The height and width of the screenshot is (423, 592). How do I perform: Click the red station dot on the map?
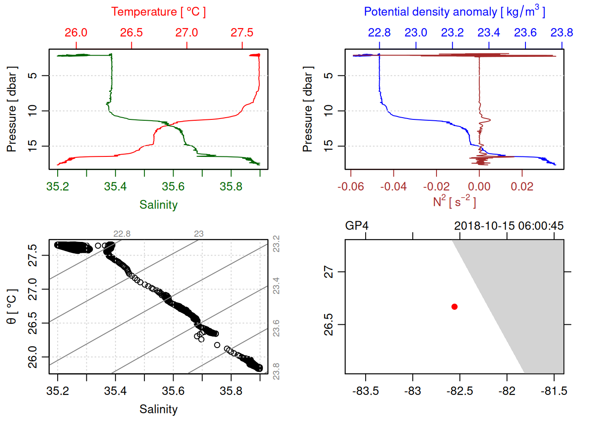[454, 307]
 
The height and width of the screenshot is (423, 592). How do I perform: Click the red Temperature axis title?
[158, 12]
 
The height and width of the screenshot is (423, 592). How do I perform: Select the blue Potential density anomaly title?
[454, 12]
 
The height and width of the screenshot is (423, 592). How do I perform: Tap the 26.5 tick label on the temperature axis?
[131, 33]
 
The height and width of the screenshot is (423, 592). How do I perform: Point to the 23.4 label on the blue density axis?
[488, 33]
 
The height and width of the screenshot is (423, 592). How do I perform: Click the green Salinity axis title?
[158, 205]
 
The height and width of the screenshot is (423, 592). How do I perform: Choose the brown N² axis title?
[454, 201]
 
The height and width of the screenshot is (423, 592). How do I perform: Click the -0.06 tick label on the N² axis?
[351, 187]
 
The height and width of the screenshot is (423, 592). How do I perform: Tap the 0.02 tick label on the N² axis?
[522, 187]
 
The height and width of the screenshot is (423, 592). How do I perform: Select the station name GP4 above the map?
[356, 226]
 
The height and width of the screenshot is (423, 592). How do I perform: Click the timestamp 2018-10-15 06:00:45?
[509, 226]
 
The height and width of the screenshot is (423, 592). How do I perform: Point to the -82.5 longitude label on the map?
[459, 391]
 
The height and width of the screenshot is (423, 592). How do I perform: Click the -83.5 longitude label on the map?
[366, 391]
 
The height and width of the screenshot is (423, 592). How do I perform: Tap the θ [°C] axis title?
[12, 307]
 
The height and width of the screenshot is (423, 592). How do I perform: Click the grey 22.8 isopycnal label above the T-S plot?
[122, 234]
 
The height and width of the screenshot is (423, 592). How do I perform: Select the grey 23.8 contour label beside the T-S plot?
[276, 371]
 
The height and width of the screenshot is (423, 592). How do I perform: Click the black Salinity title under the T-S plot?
[158, 409]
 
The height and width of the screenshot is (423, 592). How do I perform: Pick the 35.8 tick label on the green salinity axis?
[231, 187]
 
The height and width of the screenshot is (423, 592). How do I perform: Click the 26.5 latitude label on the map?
[329, 325]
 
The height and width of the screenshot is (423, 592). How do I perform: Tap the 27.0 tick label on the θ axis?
[33, 289]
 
